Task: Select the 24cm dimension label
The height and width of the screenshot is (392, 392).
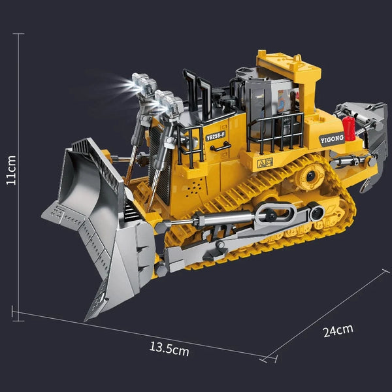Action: point(337,330)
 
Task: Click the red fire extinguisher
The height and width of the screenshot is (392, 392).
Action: point(348,128)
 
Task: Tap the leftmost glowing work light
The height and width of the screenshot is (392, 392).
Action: point(139,81)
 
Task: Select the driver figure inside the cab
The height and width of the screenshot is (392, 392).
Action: point(284,101)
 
